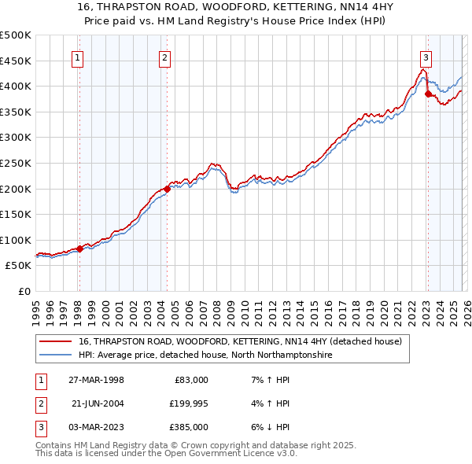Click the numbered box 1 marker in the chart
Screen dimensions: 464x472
pyautogui.click(x=79, y=57)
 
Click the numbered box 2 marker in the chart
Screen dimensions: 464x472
pyautogui.click(x=165, y=57)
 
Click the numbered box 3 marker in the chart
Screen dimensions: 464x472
pyautogui.click(x=425, y=57)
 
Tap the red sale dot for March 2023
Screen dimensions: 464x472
pyautogui.click(x=428, y=94)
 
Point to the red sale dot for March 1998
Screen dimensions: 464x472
pyautogui.click(x=79, y=249)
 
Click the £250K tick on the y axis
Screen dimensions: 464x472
pyautogui.click(x=16, y=163)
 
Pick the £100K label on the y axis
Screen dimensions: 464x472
pyautogui.click(x=16, y=240)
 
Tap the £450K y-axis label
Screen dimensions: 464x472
pyautogui.click(x=16, y=61)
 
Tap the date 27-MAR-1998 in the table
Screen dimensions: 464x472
pyautogui.click(x=96, y=380)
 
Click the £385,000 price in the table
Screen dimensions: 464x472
pyautogui.click(x=190, y=427)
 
